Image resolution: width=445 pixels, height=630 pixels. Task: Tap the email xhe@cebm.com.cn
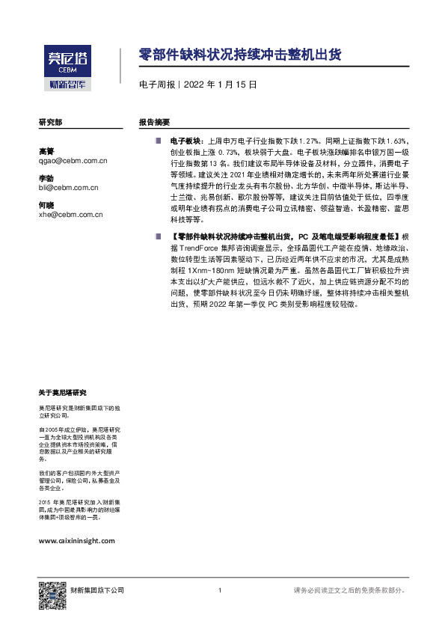pos(70,214)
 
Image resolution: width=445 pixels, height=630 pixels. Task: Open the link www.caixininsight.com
pos(76,540)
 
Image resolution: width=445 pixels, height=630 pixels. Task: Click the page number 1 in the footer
pos(219,591)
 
